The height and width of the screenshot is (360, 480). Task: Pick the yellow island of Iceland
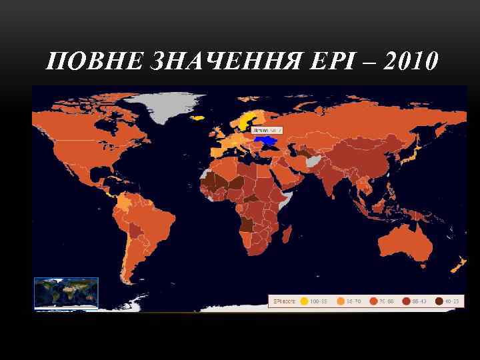(x=197, y=118)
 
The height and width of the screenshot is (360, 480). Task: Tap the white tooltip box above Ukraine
(x=267, y=130)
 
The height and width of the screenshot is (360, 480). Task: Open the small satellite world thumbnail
(x=66, y=293)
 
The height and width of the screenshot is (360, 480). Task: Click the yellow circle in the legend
(x=305, y=301)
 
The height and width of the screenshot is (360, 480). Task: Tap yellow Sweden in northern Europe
(x=245, y=119)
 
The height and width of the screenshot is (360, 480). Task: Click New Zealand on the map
(x=458, y=266)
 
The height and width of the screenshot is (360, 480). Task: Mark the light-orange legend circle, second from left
(x=341, y=301)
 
